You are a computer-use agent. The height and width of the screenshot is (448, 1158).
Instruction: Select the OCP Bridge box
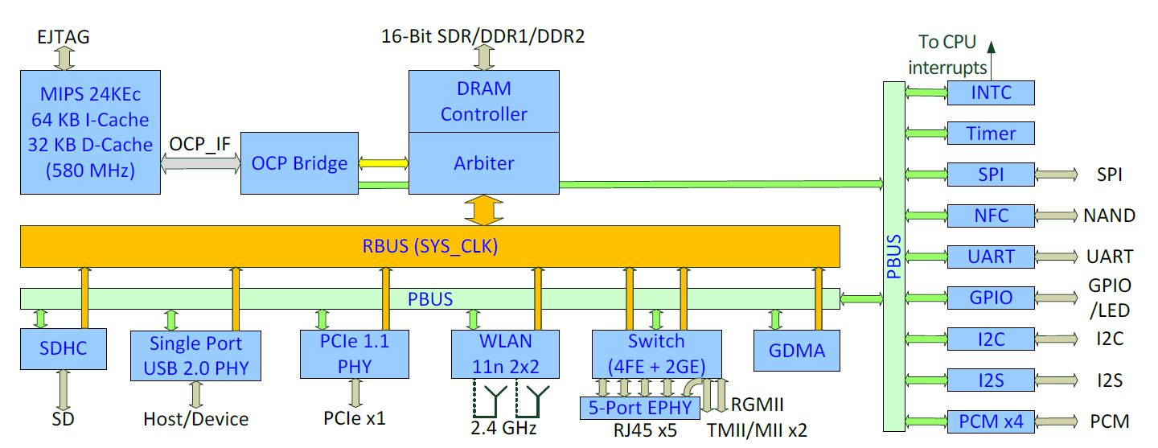299,163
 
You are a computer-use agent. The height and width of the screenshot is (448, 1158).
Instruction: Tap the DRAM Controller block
483,101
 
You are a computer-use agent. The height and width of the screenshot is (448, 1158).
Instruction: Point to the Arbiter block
483,163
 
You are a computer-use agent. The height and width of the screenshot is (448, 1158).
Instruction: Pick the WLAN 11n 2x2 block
505,353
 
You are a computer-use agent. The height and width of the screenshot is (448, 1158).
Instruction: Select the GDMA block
797,351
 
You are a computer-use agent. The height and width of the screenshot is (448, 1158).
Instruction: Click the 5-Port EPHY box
633,407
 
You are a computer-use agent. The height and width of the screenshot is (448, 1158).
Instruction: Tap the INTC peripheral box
991,92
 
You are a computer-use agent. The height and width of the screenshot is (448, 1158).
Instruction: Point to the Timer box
991,134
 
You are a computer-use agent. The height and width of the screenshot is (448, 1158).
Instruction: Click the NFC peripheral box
991,216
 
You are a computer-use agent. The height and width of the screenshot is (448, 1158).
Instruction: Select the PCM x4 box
991,421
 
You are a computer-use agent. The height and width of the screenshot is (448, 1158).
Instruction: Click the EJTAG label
64,36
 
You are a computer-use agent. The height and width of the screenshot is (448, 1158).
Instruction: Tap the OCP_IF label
200,145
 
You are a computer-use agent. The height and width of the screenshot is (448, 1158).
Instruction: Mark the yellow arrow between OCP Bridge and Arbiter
384,163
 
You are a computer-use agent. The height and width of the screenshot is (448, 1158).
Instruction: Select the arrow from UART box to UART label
1056,257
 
